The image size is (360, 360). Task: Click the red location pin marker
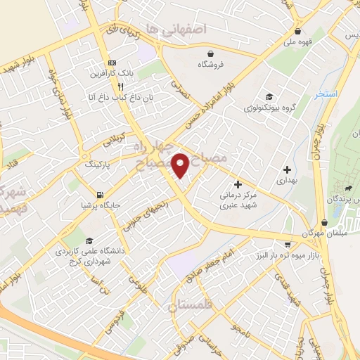tap(181, 165)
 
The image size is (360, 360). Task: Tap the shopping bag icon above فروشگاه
tap(210, 53)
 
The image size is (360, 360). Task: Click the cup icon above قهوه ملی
tap(299, 32)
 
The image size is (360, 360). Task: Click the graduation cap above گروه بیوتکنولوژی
tap(268, 97)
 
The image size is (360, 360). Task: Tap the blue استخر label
tap(328, 94)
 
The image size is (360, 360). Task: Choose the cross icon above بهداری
tap(287, 169)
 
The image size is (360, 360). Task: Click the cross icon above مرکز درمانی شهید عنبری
tap(238, 184)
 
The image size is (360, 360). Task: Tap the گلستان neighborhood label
tap(191, 306)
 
